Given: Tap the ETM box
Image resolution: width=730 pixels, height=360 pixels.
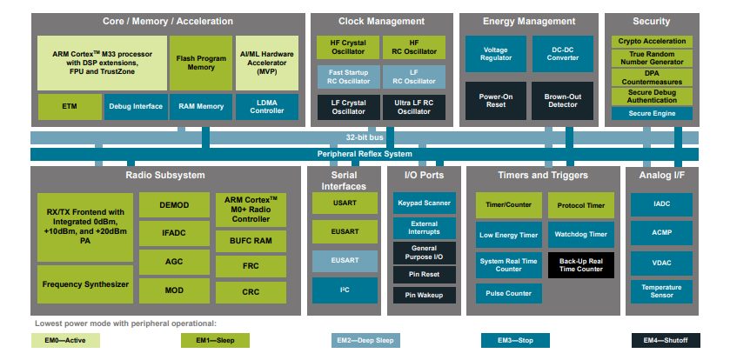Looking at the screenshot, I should (69, 106).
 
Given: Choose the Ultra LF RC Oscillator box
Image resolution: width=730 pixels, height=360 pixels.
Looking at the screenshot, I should (414, 106).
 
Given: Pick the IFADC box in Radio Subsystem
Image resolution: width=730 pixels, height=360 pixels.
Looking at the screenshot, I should (173, 232).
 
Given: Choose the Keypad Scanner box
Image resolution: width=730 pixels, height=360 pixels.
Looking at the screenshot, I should (423, 204).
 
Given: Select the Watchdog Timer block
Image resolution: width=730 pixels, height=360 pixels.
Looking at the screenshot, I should (581, 234).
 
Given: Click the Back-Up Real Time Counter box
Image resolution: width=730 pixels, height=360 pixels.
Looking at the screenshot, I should (581, 264).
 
